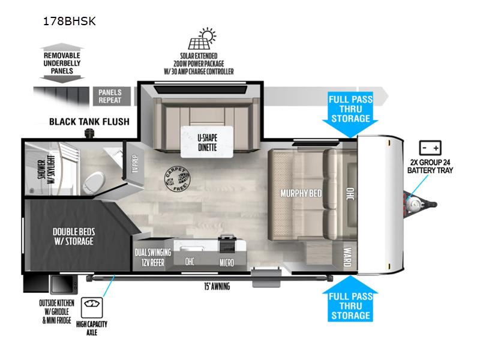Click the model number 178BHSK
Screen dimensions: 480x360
70,21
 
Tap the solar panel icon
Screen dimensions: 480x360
202,39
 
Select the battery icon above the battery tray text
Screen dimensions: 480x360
430,148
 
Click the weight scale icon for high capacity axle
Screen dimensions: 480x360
92,307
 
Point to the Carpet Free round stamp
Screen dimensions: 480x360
178,179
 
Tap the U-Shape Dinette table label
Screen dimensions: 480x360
207,142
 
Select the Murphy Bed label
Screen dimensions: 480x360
301,193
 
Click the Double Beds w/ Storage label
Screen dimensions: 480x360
74,236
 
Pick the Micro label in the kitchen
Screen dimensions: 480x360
227,262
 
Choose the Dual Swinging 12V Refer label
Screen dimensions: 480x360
153,257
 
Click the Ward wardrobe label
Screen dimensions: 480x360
347,257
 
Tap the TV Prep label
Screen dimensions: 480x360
135,163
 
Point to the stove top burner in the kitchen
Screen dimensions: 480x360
227,244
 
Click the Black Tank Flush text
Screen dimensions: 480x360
89,122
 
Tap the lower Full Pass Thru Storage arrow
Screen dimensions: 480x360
350,298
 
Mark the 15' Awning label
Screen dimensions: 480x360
217,286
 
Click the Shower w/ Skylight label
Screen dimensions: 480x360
46,169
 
